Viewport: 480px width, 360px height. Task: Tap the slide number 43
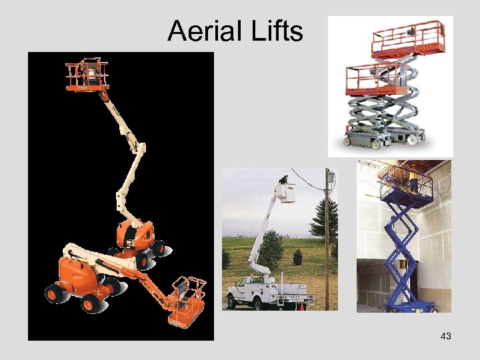446,337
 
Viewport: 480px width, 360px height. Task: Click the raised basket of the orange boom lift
87,74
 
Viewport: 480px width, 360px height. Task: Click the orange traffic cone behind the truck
301,306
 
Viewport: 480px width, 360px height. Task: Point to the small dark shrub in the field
297,257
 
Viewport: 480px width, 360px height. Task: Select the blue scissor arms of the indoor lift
400,247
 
